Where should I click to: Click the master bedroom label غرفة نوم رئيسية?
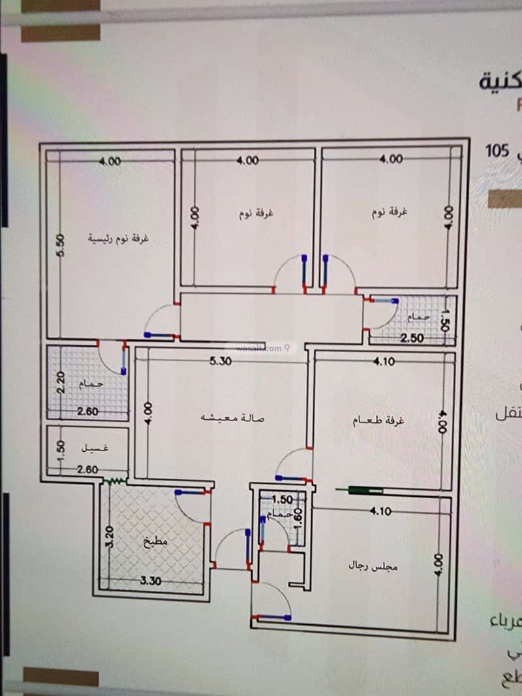119,238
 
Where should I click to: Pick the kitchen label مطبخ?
157,541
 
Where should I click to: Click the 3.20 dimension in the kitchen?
110,536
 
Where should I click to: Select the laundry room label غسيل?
95,449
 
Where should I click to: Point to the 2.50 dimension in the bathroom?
412,338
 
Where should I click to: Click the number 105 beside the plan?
497,151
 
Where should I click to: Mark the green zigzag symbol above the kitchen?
115,482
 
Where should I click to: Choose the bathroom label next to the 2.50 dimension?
418,317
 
